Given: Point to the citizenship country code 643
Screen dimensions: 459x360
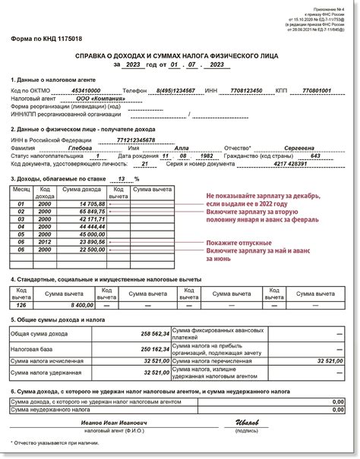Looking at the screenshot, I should [x=315, y=156].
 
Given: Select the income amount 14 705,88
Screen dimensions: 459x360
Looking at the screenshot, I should [x=86, y=204].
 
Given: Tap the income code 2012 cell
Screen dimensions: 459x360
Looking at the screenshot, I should [x=45, y=241].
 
